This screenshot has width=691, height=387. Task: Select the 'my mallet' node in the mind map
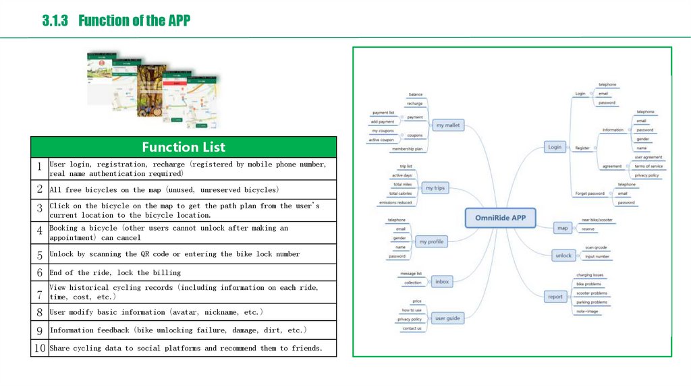447,125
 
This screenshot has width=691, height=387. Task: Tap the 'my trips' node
435,188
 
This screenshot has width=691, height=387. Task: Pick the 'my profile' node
432,241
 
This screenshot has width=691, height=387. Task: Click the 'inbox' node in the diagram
442,281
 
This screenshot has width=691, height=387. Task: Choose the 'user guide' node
447,318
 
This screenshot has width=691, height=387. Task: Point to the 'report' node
555,297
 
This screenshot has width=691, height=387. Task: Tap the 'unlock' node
563,256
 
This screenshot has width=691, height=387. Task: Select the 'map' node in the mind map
563,229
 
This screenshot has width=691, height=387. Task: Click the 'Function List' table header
184,147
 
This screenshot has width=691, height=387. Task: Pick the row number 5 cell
40,255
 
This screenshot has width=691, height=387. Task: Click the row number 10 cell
40,349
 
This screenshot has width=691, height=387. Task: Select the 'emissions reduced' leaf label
395,202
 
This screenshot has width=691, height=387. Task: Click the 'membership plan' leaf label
408,148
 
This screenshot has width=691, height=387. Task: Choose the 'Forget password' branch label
590,193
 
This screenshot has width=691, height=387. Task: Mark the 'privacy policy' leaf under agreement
646,175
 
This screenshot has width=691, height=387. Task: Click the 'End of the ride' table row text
115,272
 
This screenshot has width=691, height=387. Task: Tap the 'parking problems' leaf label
592,302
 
